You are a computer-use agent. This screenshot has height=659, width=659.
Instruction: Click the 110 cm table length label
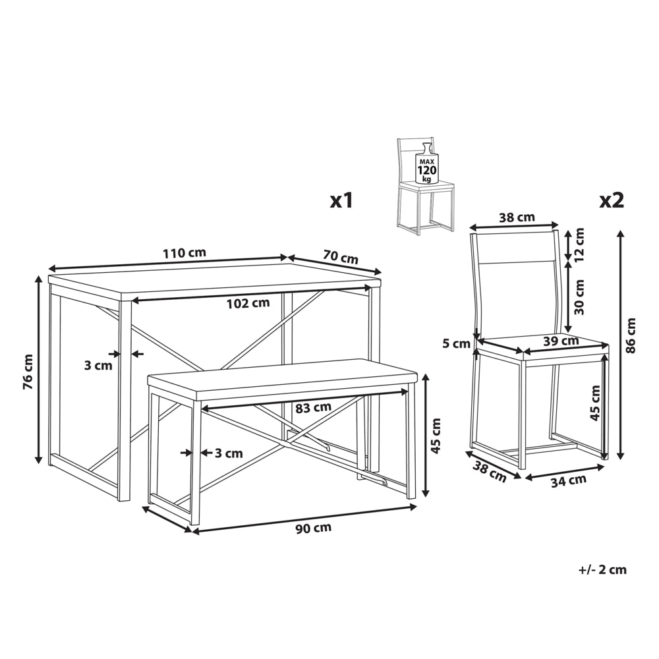coord(185,253)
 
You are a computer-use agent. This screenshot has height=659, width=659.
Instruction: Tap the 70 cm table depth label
coord(341,256)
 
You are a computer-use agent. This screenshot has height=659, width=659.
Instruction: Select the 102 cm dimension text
coord(248,303)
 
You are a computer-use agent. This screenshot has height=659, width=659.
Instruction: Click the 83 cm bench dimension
coord(312,407)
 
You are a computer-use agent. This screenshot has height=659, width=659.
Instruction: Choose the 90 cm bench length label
coord(313,528)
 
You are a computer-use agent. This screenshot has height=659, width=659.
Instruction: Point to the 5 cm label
coord(457,344)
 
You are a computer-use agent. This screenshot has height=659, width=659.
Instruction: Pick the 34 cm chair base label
coord(569,480)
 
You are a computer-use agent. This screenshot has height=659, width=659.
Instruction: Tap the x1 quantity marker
coord(341,201)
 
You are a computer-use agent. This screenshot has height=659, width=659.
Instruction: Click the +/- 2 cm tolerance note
coord(602,569)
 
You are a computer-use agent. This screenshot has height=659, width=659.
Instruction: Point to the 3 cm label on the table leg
coord(98,365)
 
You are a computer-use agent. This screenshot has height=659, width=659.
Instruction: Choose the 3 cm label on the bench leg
coord(229,453)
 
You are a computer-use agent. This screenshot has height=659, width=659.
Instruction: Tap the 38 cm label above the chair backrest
coord(517,217)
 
